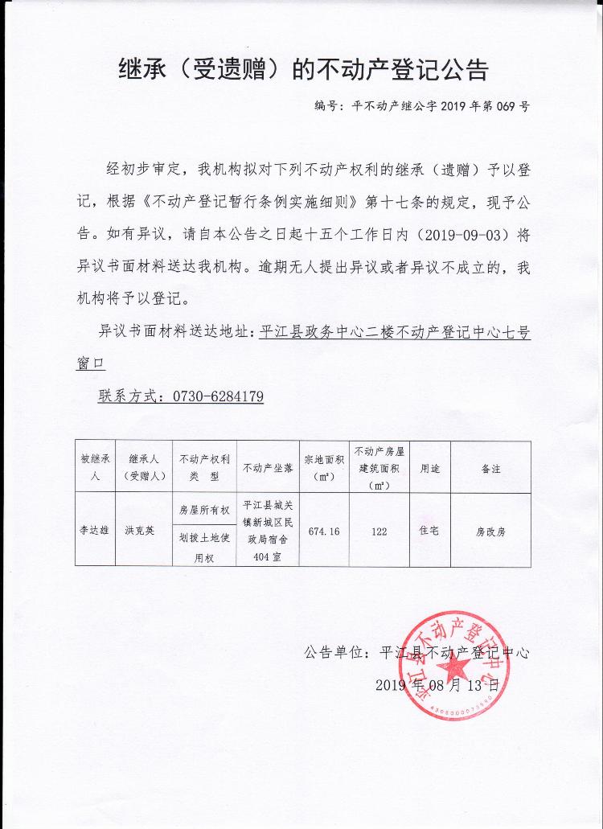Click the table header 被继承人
[95, 466]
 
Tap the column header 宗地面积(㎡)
[323, 467]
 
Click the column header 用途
[430, 467]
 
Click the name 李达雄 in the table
[95, 531]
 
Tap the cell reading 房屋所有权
[203, 510]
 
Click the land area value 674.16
[323, 531]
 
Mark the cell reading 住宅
[430, 531]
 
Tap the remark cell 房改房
[490, 531]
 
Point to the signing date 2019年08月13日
[437, 685]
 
